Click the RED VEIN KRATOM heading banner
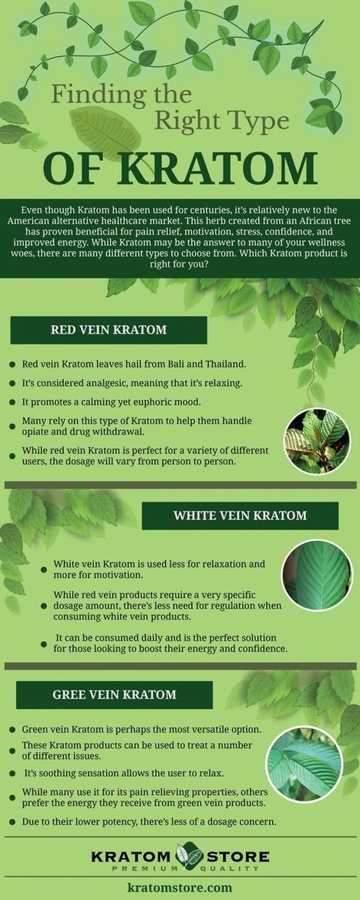pos(109,330)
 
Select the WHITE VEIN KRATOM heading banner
pos(240,515)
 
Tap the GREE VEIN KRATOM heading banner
pos(114,694)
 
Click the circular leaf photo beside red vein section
pos(318,442)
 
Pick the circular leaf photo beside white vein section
pos(317,575)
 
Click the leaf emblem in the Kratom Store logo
pos(190,857)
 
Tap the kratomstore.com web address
pos(180,888)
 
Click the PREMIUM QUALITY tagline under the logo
pos(180,869)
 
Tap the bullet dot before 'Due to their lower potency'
pos(12,822)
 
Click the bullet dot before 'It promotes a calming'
pos(12,401)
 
